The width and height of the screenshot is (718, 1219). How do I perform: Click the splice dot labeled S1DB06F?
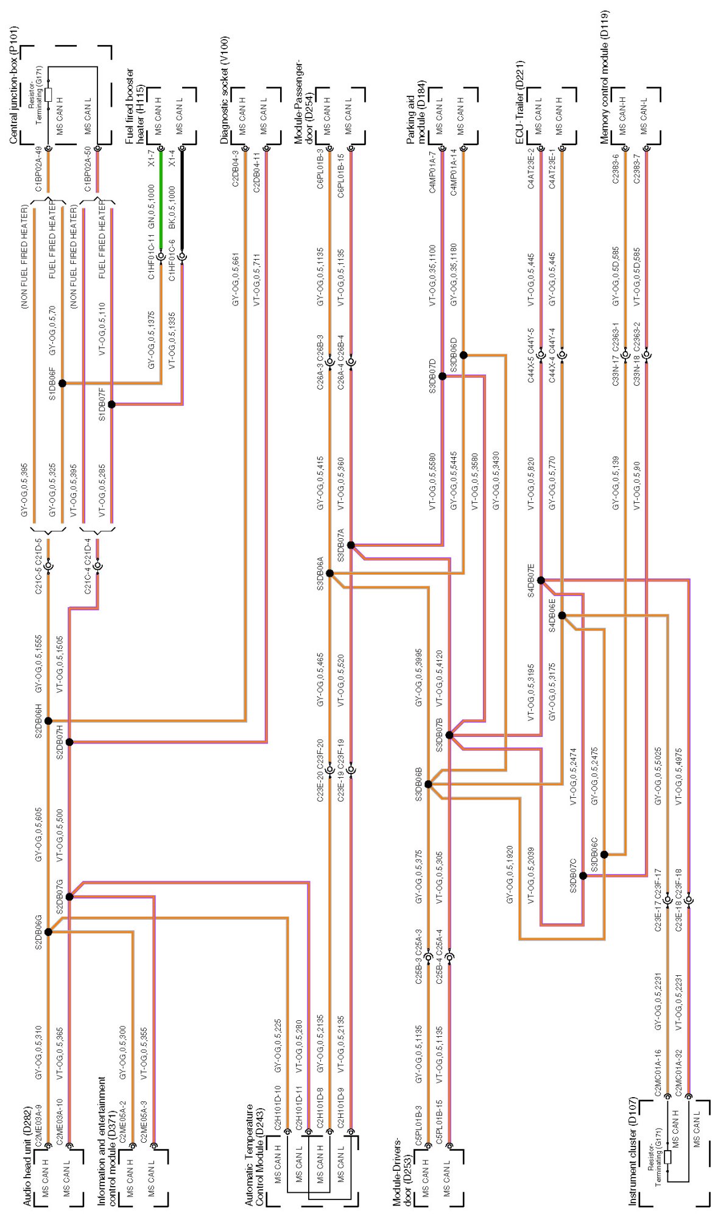[x=62, y=383]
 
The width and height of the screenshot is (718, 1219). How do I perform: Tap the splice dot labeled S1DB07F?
[x=111, y=404]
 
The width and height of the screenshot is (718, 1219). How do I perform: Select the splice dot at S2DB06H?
[x=48, y=721]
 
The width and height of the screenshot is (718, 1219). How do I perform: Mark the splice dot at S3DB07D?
[x=443, y=376]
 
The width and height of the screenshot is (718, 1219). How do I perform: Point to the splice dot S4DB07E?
[x=541, y=580]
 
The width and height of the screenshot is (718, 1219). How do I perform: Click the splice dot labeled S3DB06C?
[x=604, y=855]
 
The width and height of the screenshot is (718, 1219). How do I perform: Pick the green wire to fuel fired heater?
[x=161, y=201]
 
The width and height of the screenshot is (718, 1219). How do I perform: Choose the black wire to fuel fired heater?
[x=182, y=201]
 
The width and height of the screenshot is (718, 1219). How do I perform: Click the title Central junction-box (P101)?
[x=13, y=85]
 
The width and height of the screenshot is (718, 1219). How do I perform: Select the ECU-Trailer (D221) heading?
[x=519, y=102]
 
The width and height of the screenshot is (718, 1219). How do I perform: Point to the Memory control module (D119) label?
[x=604, y=77]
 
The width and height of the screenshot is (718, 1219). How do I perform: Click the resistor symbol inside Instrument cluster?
[x=667, y=1157]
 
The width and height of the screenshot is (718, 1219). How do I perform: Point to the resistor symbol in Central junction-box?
[x=48, y=94]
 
